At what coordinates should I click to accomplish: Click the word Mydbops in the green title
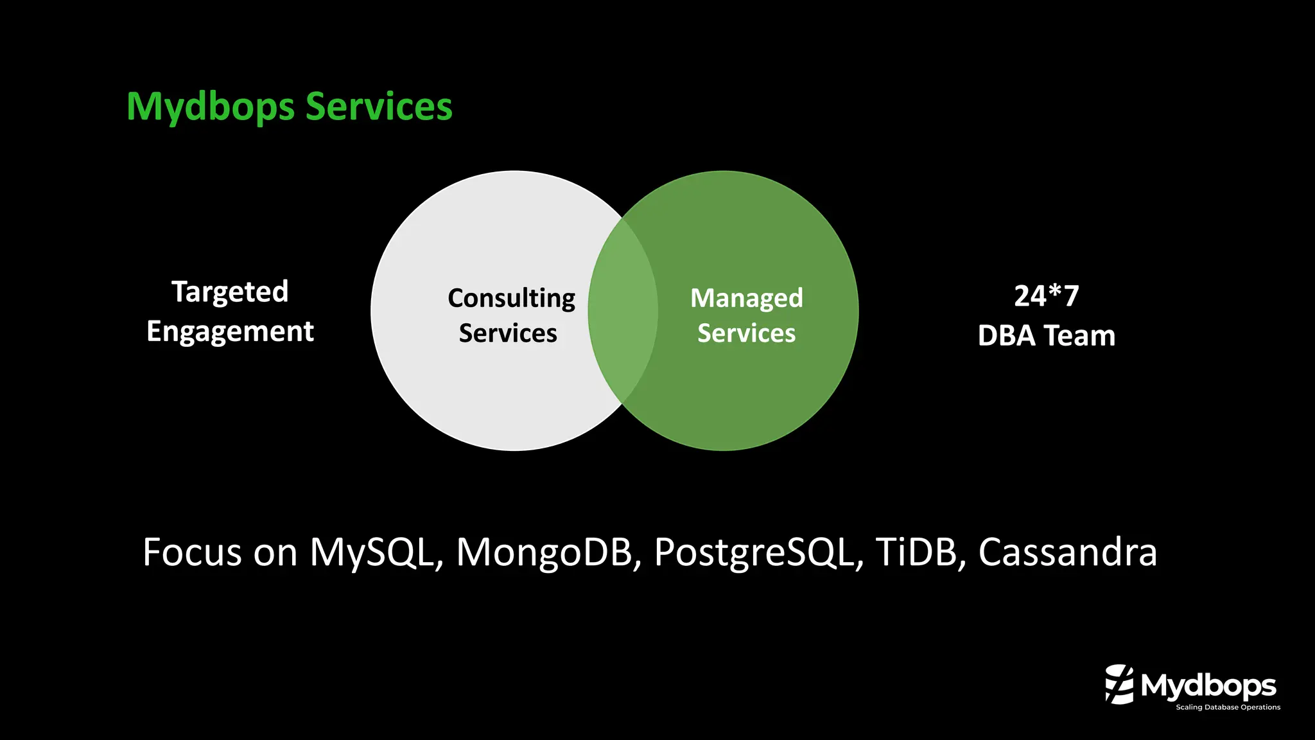coord(211,107)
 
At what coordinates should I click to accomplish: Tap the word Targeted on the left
coord(230,292)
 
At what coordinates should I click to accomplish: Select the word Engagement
coord(230,332)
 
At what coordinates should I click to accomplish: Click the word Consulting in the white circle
coord(511,299)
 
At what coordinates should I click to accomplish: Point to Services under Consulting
coord(508,333)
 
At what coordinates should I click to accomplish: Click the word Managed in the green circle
coord(746,298)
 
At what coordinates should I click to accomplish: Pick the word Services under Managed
coord(746,333)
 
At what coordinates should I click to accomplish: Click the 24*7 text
coord(1046,296)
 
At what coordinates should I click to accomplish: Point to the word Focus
coord(191,552)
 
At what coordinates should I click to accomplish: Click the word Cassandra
coord(1067,552)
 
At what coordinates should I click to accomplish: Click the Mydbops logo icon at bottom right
coord(1119,685)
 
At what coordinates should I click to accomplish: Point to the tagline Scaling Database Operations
coord(1228,707)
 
